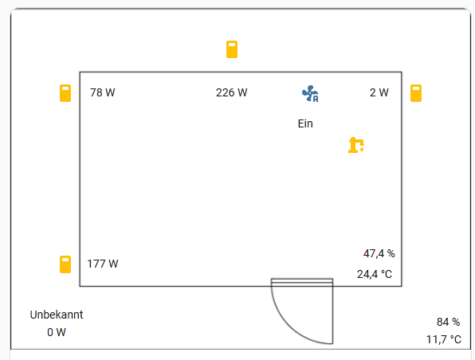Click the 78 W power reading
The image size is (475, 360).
click(x=102, y=92)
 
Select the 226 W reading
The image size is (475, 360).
click(x=231, y=92)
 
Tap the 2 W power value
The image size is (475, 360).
click(x=379, y=92)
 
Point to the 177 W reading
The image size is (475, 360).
click(x=103, y=264)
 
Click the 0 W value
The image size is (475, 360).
click(x=57, y=332)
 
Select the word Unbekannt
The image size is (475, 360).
click(x=57, y=315)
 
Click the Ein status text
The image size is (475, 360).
click(x=305, y=123)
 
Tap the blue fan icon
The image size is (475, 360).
click(x=310, y=93)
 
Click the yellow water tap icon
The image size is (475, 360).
click(x=356, y=145)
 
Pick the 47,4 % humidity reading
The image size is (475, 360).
click(x=379, y=253)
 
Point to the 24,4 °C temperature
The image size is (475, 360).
click(x=375, y=274)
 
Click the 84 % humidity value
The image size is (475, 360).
click(x=449, y=322)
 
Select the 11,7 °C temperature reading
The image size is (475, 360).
click(x=444, y=340)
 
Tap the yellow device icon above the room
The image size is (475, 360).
click(x=232, y=49)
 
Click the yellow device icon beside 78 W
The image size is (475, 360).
click(x=65, y=93)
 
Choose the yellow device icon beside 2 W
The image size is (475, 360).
click(x=416, y=93)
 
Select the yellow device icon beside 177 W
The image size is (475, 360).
click(x=65, y=264)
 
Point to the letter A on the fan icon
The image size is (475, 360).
click(x=316, y=99)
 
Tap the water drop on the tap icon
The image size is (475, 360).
click(x=362, y=149)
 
